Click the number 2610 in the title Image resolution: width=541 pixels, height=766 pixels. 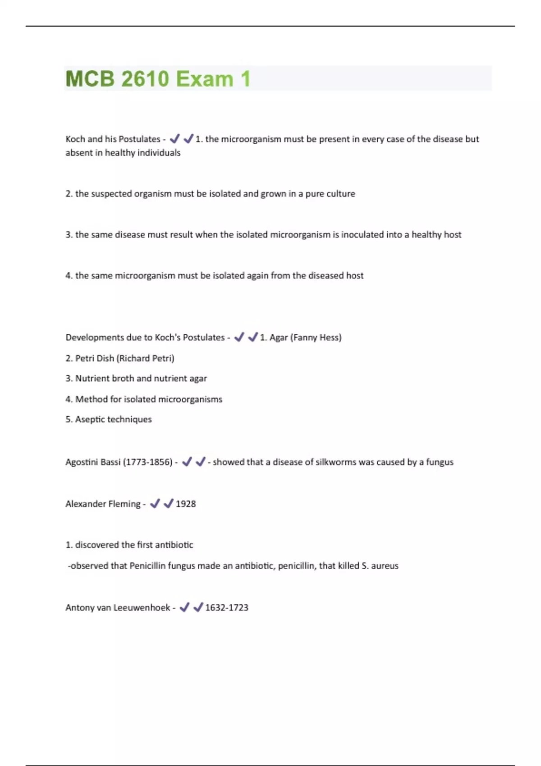pyautogui.click(x=145, y=79)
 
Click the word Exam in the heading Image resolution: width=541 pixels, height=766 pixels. pyautogui.click(x=205, y=79)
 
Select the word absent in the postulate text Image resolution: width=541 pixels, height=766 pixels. pyautogui.click(x=78, y=153)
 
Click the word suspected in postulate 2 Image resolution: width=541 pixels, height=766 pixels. pyautogui.click(x=111, y=194)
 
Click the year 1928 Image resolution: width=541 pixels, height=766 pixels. pyautogui.click(x=186, y=504)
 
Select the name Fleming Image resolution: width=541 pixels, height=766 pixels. pyautogui.click(x=123, y=504)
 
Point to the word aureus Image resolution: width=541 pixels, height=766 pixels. pyautogui.click(x=385, y=565)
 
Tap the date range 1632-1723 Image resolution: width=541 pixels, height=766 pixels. pyautogui.click(x=227, y=607)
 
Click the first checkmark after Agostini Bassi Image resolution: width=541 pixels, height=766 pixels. pyautogui.click(x=187, y=461)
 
